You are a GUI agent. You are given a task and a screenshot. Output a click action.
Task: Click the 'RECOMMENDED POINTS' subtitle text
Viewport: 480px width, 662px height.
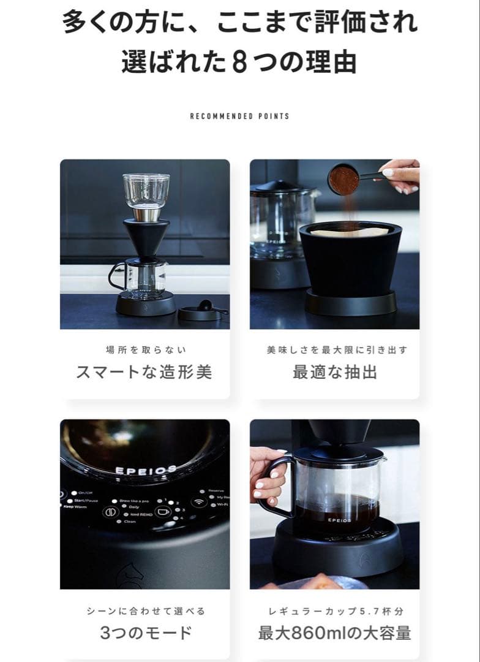tap(239, 116)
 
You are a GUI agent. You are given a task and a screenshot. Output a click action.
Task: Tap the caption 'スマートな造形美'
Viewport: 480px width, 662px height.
tap(144, 372)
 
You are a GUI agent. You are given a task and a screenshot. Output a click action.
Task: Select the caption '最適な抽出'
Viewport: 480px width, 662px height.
tap(334, 372)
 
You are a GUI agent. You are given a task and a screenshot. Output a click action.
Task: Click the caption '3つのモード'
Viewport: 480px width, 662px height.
tap(146, 633)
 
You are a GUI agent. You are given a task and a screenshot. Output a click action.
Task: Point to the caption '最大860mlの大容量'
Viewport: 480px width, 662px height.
tap(334, 633)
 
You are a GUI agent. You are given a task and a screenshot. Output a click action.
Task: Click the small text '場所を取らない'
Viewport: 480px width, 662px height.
tap(146, 350)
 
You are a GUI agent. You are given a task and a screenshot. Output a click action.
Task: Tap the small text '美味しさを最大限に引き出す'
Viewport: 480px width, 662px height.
tap(336, 350)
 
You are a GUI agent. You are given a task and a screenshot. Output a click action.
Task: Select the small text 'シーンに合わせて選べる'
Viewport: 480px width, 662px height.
tap(146, 611)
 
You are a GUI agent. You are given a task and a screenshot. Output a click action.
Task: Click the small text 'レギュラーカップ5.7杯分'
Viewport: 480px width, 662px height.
tap(336, 611)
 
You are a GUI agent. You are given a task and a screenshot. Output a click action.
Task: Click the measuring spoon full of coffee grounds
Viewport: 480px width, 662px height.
tap(344, 180)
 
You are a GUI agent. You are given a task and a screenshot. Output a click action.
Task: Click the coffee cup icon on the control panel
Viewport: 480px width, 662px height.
tap(163, 511)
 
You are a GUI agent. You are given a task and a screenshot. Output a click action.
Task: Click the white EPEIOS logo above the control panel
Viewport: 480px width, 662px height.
tap(146, 470)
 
